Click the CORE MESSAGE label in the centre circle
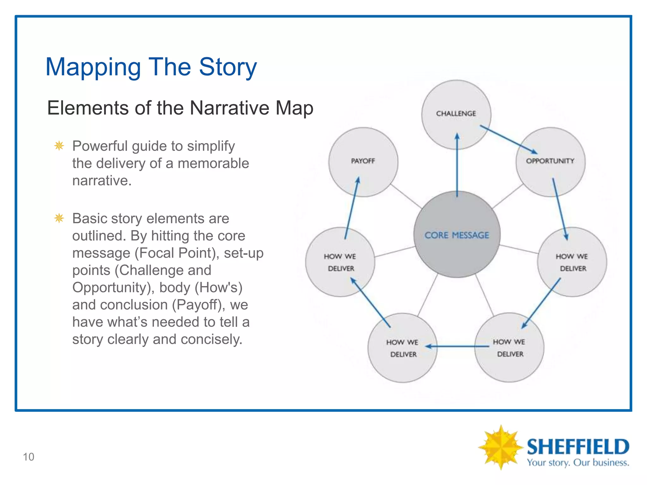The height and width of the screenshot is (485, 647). click(x=457, y=235)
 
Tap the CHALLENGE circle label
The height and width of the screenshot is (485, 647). click(x=456, y=113)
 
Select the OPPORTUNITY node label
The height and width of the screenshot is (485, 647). click(x=550, y=161)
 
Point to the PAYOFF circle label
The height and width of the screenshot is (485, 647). click(x=363, y=161)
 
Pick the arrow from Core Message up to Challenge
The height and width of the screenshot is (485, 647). click(x=457, y=164)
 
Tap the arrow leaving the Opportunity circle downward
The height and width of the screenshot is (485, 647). click(x=560, y=208)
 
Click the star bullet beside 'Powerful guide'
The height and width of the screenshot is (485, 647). click(x=59, y=146)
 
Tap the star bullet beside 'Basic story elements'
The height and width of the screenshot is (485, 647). click(x=59, y=218)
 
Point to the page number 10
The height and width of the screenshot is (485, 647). click(x=28, y=457)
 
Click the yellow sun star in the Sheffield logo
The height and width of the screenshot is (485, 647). click(x=500, y=447)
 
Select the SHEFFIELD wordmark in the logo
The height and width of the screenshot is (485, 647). click(x=578, y=447)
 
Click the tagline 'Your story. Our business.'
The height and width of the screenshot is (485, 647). click(x=578, y=463)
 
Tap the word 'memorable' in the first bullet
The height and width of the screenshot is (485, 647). click(x=213, y=163)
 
